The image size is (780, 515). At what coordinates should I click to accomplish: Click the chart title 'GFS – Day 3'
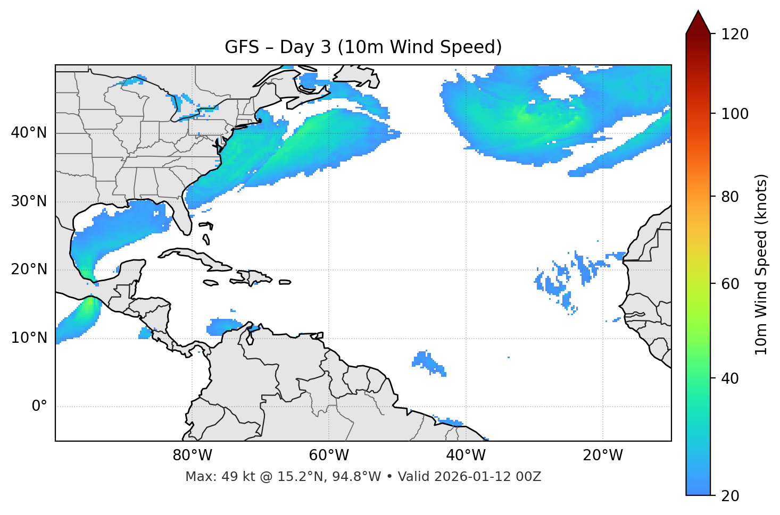click(x=363, y=47)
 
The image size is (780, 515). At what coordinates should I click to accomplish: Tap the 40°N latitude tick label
click(x=29, y=133)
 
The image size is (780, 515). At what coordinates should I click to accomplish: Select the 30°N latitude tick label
click(x=29, y=201)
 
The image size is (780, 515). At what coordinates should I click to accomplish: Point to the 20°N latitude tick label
click(x=29, y=269)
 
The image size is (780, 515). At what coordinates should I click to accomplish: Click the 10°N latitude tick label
click(x=29, y=338)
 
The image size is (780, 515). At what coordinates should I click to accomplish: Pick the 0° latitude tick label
click(x=39, y=407)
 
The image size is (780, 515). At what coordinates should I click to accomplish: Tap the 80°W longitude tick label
click(x=192, y=455)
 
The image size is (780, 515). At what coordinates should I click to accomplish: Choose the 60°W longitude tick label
click(x=329, y=455)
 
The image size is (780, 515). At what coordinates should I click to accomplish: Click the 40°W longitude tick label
click(x=466, y=455)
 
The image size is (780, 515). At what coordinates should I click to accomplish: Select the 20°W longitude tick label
click(x=602, y=455)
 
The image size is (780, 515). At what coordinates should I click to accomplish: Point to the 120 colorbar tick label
click(x=735, y=35)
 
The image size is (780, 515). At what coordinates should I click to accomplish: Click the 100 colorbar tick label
click(x=735, y=114)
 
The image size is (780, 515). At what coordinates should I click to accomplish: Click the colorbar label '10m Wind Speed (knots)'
click(x=761, y=264)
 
